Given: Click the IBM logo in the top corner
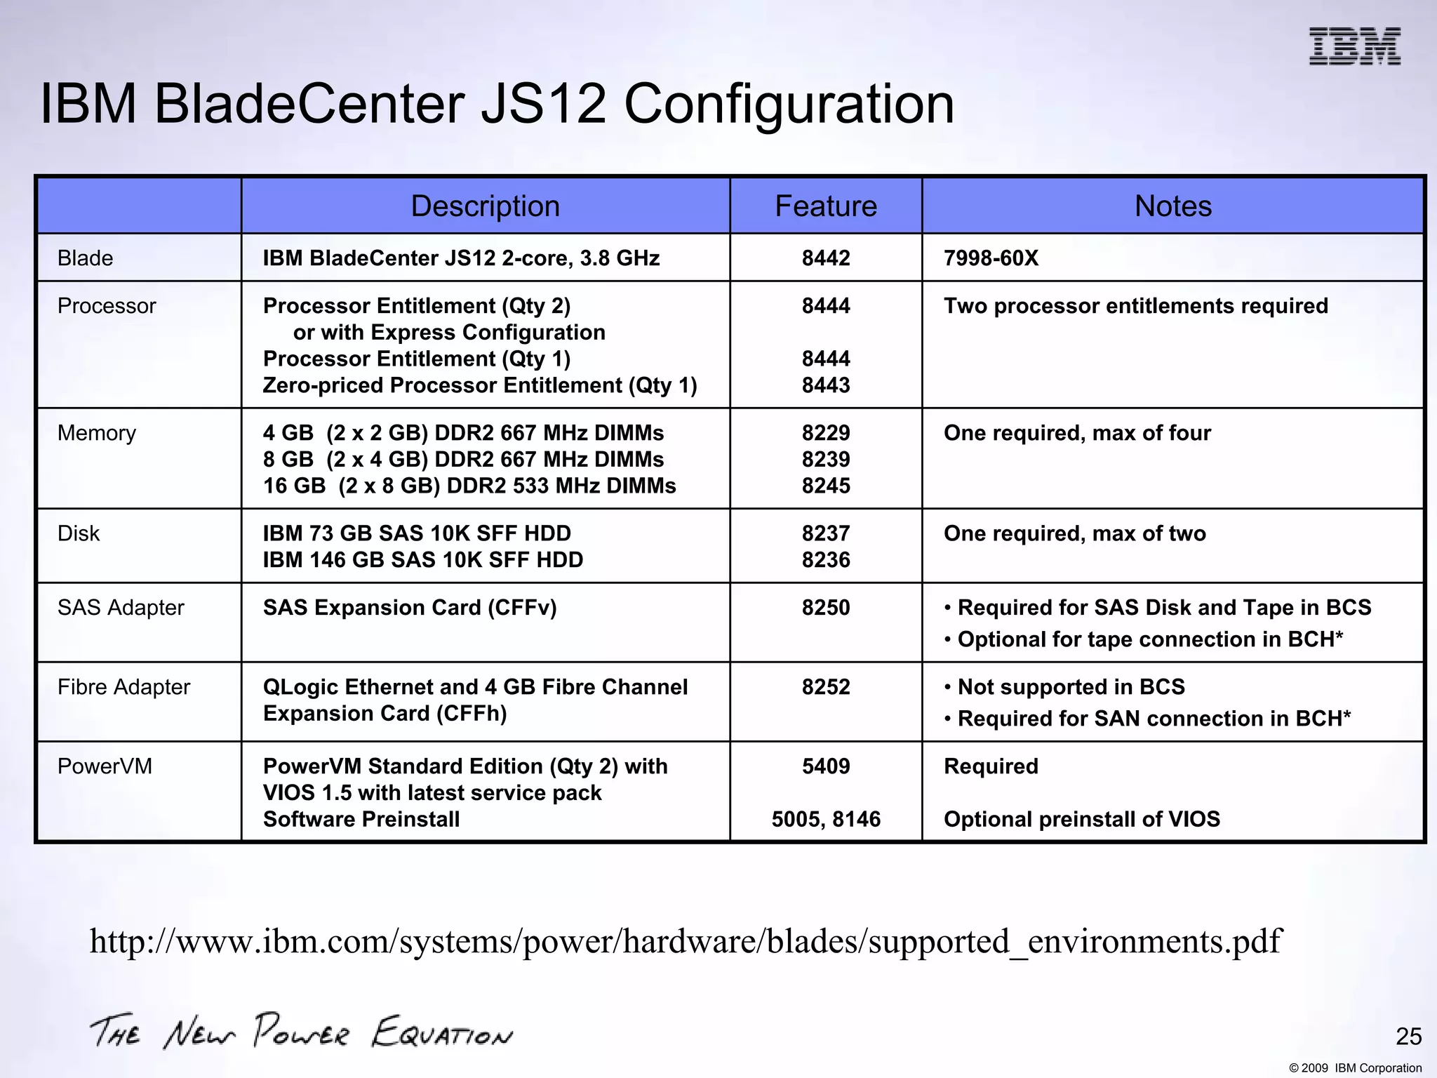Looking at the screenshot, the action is pos(1354,47).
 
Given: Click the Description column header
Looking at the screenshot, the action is pos(485,206).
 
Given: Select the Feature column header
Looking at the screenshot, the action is pos(826,206).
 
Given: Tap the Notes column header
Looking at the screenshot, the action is pos(1172,206).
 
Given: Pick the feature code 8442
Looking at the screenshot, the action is pos(826,258).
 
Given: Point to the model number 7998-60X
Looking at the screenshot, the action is pos(991,258).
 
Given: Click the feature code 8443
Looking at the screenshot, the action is pos(826,385).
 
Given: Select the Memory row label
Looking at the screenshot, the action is pos(97,433).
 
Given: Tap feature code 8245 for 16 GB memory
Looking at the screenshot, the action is pos(826,486).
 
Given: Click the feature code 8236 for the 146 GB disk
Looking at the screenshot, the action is pos(826,560).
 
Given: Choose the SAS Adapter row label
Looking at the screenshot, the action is pos(121,608).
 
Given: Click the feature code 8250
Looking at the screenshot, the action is pos(826,608).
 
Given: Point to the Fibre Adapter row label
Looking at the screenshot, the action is pos(123,687).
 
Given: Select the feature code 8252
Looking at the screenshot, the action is pos(826,687).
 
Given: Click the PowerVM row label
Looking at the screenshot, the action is pos(105,766).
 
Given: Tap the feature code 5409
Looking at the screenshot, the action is pos(826,766).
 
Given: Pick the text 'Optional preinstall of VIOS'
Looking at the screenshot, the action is pos(1081,819).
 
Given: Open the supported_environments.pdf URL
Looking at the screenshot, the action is pos(685,942).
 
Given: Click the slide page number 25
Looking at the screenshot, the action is pos(1408,1037).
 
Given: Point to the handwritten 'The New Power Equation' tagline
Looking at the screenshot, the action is pos(301,1032).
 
